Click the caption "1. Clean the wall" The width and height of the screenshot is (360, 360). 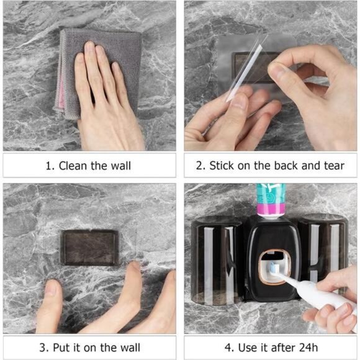89,166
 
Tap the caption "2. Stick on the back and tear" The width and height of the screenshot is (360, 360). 271,166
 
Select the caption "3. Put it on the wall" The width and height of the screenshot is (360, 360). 89,346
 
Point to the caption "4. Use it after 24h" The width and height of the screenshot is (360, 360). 271,346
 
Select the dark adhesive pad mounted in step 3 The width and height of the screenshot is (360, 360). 89,247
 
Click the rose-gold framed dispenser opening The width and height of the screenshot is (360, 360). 271,266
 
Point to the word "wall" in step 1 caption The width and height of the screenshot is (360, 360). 120,166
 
